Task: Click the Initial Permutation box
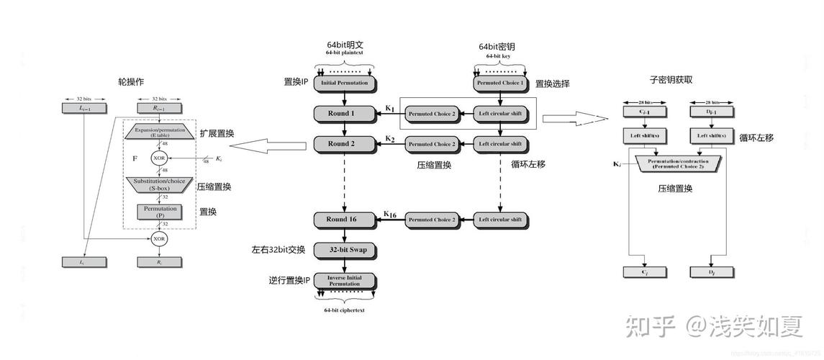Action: (x=344, y=83)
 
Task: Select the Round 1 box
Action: (x=344, y=113)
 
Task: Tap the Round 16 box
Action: (x=344, y=219)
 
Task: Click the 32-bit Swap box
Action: (x=348, y=250)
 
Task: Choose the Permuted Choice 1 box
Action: (x=502, y=83)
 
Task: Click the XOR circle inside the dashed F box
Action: (x=159, y=158)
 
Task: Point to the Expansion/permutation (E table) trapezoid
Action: (x=159, y=133)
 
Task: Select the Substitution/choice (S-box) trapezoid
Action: (x=159, y=184)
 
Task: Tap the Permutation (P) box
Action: (x=159, y=212)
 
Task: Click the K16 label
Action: (x=390, y=214)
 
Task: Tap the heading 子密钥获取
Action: (x=671, y=80)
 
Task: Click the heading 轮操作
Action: (x=131, y=81)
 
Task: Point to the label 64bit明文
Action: (x=347, y=45)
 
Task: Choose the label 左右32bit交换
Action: (x=279, y=250)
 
